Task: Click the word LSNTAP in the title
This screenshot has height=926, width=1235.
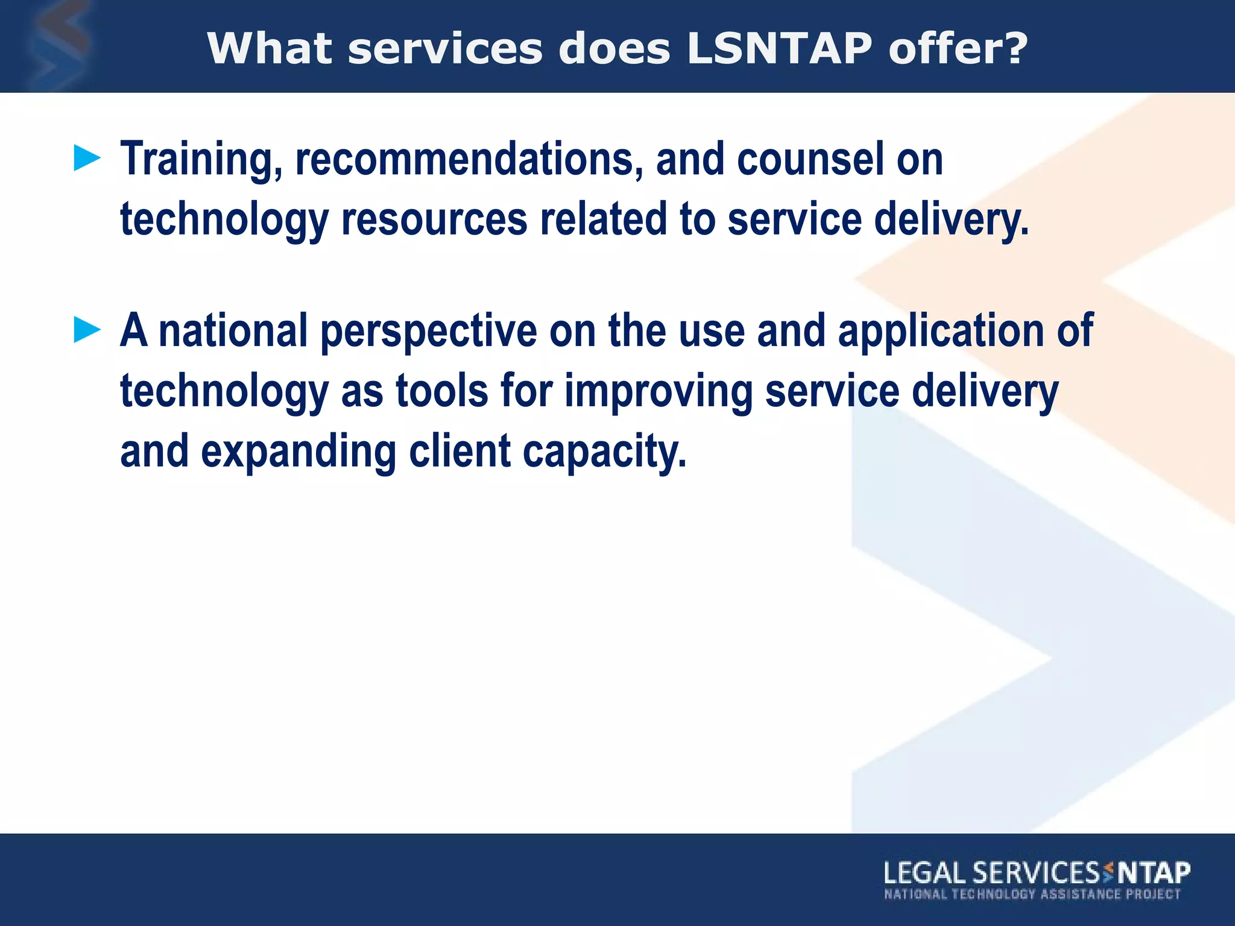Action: coord(779,48)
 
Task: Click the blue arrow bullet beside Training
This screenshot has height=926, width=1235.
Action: coord(87,159)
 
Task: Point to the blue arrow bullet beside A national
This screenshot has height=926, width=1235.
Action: coord(87,330)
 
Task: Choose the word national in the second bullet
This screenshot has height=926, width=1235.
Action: coord(233,331)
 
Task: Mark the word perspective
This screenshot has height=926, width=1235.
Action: coord(428,332)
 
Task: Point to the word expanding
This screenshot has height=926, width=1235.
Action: coord(298,452)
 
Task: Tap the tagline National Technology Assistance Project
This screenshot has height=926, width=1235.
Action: coord(1032,894)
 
